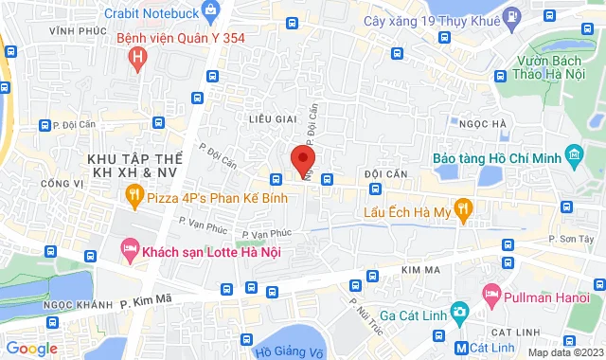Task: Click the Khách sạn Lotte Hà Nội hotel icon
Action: tap(129, 251)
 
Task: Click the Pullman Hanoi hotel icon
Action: tap(490, 295)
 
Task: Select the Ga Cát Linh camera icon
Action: tap(458, 312)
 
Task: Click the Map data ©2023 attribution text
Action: tap(564, 352)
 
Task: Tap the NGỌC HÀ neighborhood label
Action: tap(482, 123)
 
